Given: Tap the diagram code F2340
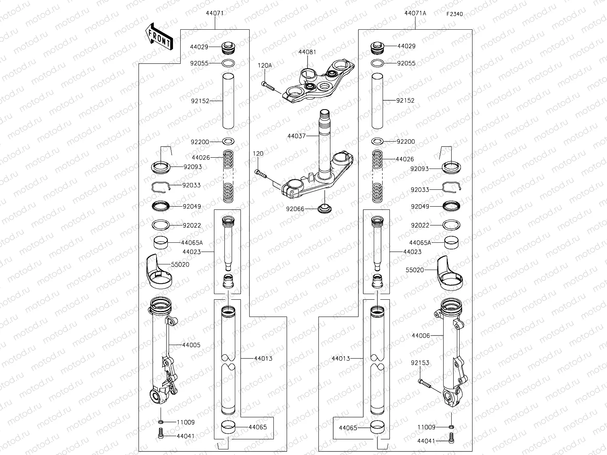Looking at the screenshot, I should (454, 14).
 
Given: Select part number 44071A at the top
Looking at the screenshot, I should (415, 13).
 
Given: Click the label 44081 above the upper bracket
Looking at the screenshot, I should (307, 52).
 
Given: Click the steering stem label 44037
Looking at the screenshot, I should (297, 136).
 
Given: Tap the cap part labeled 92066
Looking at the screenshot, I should (323, 209).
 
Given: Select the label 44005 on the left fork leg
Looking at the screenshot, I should (191, 345).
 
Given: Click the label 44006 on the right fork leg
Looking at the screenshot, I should (421, 335).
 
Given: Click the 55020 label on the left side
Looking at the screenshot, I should (180, 265).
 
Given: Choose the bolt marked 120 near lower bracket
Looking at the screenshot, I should (261, 174).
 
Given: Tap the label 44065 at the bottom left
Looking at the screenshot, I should (258, 427).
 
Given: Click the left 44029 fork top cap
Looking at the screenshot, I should (228, 48).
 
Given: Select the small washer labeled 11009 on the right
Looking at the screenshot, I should (451, 427).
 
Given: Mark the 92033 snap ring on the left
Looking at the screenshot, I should (161, 186).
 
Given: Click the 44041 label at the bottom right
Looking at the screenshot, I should (426, 441).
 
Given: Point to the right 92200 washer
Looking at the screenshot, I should (377, 141).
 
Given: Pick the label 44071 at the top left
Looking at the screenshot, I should (215, 13).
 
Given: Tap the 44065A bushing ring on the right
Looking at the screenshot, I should (452, 242).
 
